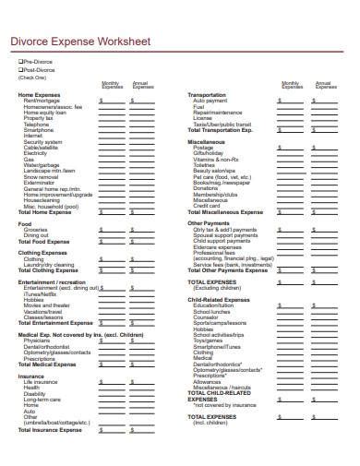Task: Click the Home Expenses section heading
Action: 39,95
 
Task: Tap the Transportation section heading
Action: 207,95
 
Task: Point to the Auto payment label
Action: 210,101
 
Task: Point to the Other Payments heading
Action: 210,222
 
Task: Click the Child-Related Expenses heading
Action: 220,299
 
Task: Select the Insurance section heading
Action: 31,376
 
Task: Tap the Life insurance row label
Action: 41,381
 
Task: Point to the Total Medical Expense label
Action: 48,364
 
